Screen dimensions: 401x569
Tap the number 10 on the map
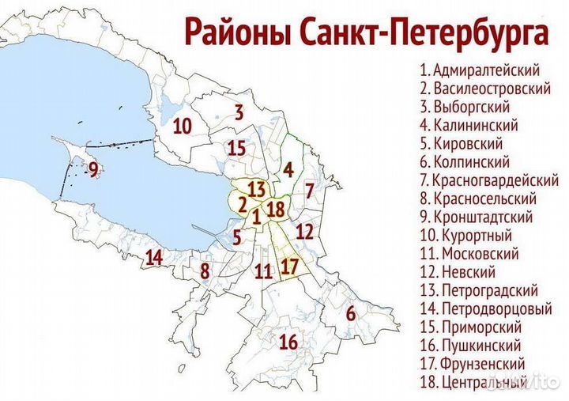tap(183, 126)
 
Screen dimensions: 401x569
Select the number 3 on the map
tap(239, 112)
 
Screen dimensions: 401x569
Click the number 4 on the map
tap(288, 168)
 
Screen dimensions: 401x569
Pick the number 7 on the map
tap(311, 191)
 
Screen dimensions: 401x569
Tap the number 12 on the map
tap(304, 232)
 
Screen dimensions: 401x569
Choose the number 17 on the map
tap(290, 266)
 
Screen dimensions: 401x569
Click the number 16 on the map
tap(288, 342)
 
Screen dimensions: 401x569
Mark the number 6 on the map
tap(352, 313)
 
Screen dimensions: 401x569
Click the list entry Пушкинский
tap(471, 346)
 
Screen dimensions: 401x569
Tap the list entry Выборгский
tap(465, 106)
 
